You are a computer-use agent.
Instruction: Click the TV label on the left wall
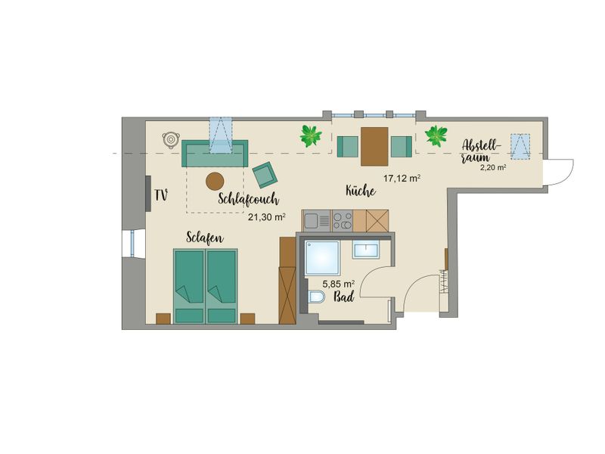(x=161, y=195)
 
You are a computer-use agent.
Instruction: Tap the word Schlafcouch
(x=248, y=199)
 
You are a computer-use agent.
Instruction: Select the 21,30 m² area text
(x=267, y=217)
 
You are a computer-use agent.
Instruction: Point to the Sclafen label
(x=204, y=238)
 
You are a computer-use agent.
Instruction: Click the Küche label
(x=361, y=191)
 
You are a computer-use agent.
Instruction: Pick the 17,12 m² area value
(x=402, y=179)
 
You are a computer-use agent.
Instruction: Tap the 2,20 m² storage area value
(x=493, y=167)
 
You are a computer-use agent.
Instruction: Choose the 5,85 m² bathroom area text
(x=339, y=285)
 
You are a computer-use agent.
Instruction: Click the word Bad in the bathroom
(x=344, y=297)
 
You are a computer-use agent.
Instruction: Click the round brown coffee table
(x=215, y=181)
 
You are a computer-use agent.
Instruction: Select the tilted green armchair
(x=265, y=175)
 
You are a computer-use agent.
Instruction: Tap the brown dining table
(x=374, y=146)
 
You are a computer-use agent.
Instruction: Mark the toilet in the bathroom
(x=316, y=297)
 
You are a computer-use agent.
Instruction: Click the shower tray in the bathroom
(x=323, y=258)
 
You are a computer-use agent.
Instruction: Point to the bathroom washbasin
(x=366, y=250)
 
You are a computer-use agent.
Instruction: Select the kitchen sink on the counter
(x=316, y=221)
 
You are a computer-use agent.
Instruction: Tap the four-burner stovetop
(x=343, y=221)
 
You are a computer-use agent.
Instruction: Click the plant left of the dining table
(x=311, y=136)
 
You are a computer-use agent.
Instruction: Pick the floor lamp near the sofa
(x=170, y=139)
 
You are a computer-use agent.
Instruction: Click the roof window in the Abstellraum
(x=520, y=146)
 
